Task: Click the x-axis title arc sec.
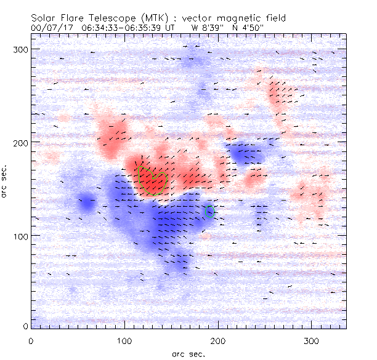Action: [x=188, y=353]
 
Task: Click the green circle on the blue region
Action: [x=210, y=212]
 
